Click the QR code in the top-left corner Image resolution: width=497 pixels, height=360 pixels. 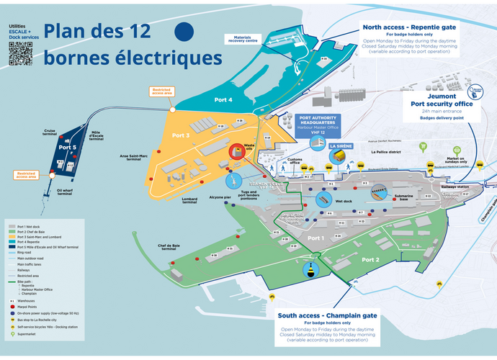19,53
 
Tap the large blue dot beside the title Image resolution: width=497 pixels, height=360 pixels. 185,31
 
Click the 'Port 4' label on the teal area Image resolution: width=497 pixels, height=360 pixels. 223,99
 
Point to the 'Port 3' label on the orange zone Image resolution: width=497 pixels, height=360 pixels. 180,135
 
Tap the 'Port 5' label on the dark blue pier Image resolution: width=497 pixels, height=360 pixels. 67,147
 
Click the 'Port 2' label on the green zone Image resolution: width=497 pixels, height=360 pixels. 371,259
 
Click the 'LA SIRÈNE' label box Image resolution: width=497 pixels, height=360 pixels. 340,146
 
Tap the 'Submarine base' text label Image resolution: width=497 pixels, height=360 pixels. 403,197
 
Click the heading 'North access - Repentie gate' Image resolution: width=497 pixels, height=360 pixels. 410,27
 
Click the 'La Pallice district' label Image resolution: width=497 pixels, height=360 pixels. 386,153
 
